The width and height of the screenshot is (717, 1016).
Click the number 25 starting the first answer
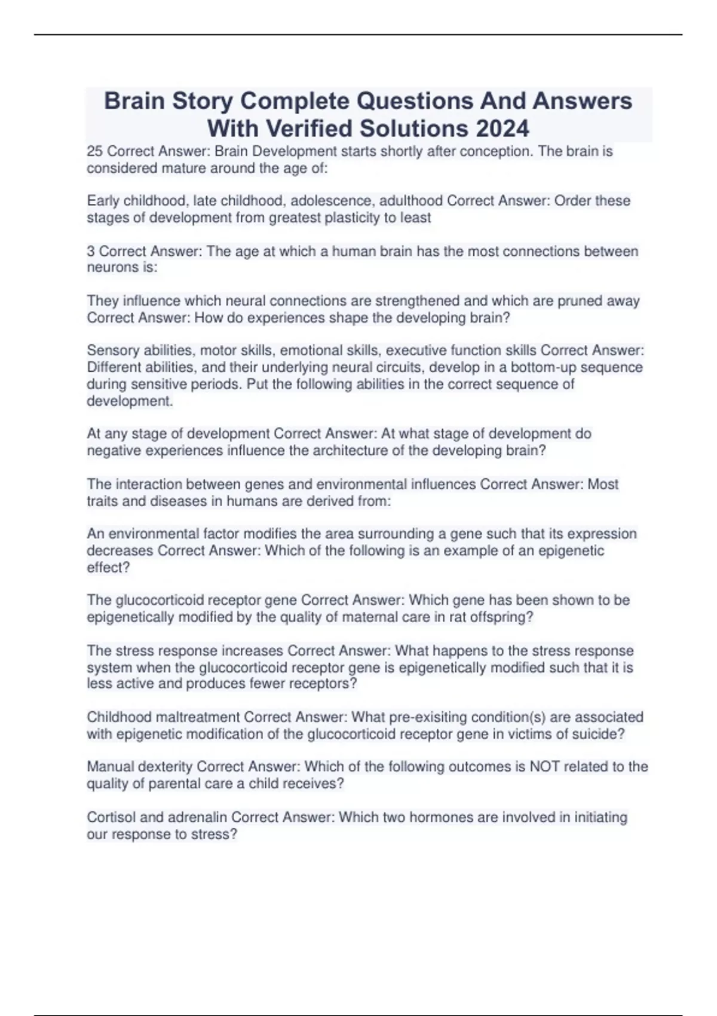(x=94, y=151)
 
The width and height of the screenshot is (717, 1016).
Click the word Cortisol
(x=111, y=817)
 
